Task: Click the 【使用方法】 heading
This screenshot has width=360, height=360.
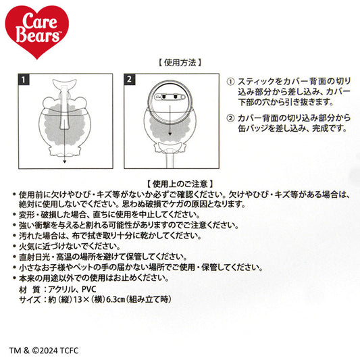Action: coord(179,61)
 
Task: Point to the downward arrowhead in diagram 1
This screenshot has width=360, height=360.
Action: coord(63,163)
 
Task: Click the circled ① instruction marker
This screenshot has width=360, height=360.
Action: coord(232,79)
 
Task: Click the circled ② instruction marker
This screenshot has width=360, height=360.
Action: coord(232,116)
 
